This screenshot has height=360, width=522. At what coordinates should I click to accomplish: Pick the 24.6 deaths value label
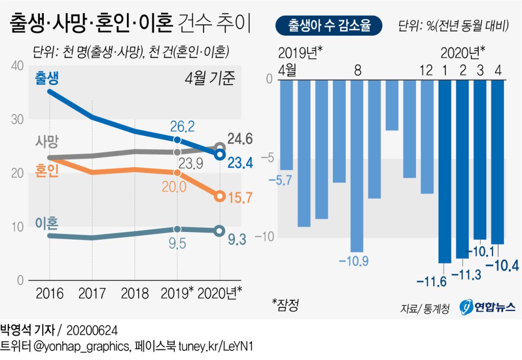click(241, 139)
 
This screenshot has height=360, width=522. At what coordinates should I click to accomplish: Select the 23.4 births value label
click(241, 162)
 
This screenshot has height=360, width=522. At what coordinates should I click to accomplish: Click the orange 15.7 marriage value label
click(241, 197)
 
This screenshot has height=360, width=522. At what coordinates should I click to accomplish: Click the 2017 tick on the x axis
click(92, 294)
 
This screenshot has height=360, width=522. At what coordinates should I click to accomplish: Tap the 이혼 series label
click(47, 223)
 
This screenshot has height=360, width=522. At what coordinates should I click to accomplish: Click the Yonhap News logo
click(487, 306)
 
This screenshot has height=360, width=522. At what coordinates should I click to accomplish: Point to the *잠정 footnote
click(285, 305)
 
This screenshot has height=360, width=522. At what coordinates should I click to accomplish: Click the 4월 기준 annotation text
click(210, 79)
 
